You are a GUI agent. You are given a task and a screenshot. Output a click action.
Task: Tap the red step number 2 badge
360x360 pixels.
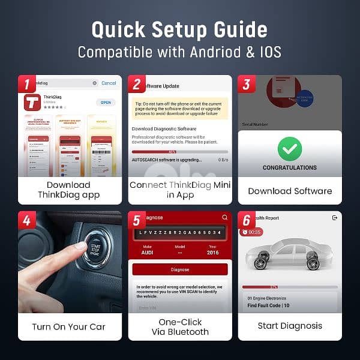[x=136, y=84]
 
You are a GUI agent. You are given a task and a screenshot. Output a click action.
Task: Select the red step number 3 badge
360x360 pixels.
[x=246, y=84]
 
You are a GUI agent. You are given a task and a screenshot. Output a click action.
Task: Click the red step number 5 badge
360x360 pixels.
[x=136, y=220]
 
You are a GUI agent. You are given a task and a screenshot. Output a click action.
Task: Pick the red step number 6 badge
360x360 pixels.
[x=246, y=220]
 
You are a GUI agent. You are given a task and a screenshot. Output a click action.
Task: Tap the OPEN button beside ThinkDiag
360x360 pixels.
[x=106, y=103]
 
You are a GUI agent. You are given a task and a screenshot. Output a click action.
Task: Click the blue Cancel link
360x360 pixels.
[x=109, y=83]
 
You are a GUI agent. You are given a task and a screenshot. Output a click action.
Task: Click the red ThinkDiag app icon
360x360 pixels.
[x=32, y=102]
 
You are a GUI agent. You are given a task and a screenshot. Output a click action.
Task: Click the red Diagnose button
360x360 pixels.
[x=180, y=269]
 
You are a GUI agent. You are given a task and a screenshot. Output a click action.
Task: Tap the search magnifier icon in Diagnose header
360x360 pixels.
[x=224, y=217]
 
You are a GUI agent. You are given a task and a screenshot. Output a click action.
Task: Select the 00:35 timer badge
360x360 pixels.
[x=252, y=232]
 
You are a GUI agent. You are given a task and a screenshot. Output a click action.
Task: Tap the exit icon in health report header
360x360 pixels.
[x=334, y=218]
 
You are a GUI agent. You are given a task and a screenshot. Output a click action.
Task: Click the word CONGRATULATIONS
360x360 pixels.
[x=290, y=168]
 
